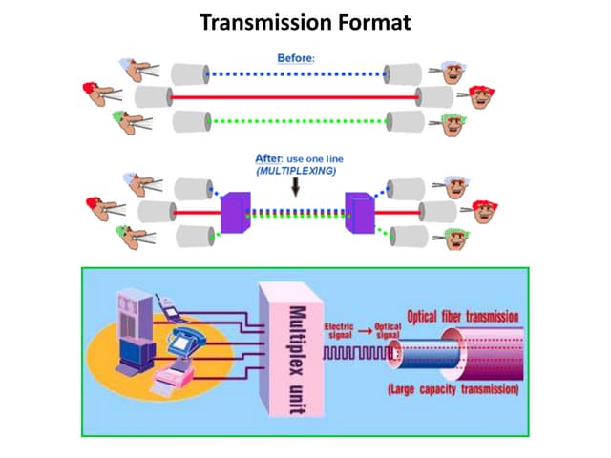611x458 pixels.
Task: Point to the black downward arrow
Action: point(293,188)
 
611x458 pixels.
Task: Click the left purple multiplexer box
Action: point(235,211)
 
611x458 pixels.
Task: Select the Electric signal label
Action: point(340,330)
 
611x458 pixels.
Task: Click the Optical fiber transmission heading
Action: point(463,316)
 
